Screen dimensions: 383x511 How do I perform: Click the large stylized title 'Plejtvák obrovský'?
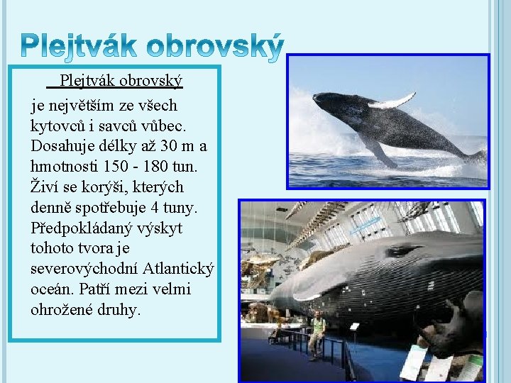[x=150, y=45]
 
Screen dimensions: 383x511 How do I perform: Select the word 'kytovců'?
[x=57, y=126]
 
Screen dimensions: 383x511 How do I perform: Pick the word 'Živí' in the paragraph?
[x=46, y=187]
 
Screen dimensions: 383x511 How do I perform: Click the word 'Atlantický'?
[x=178, y=270]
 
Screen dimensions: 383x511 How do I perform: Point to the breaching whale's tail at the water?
[x=476, y=157]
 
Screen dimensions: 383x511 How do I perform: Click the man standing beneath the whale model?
[x=317, y=333]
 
